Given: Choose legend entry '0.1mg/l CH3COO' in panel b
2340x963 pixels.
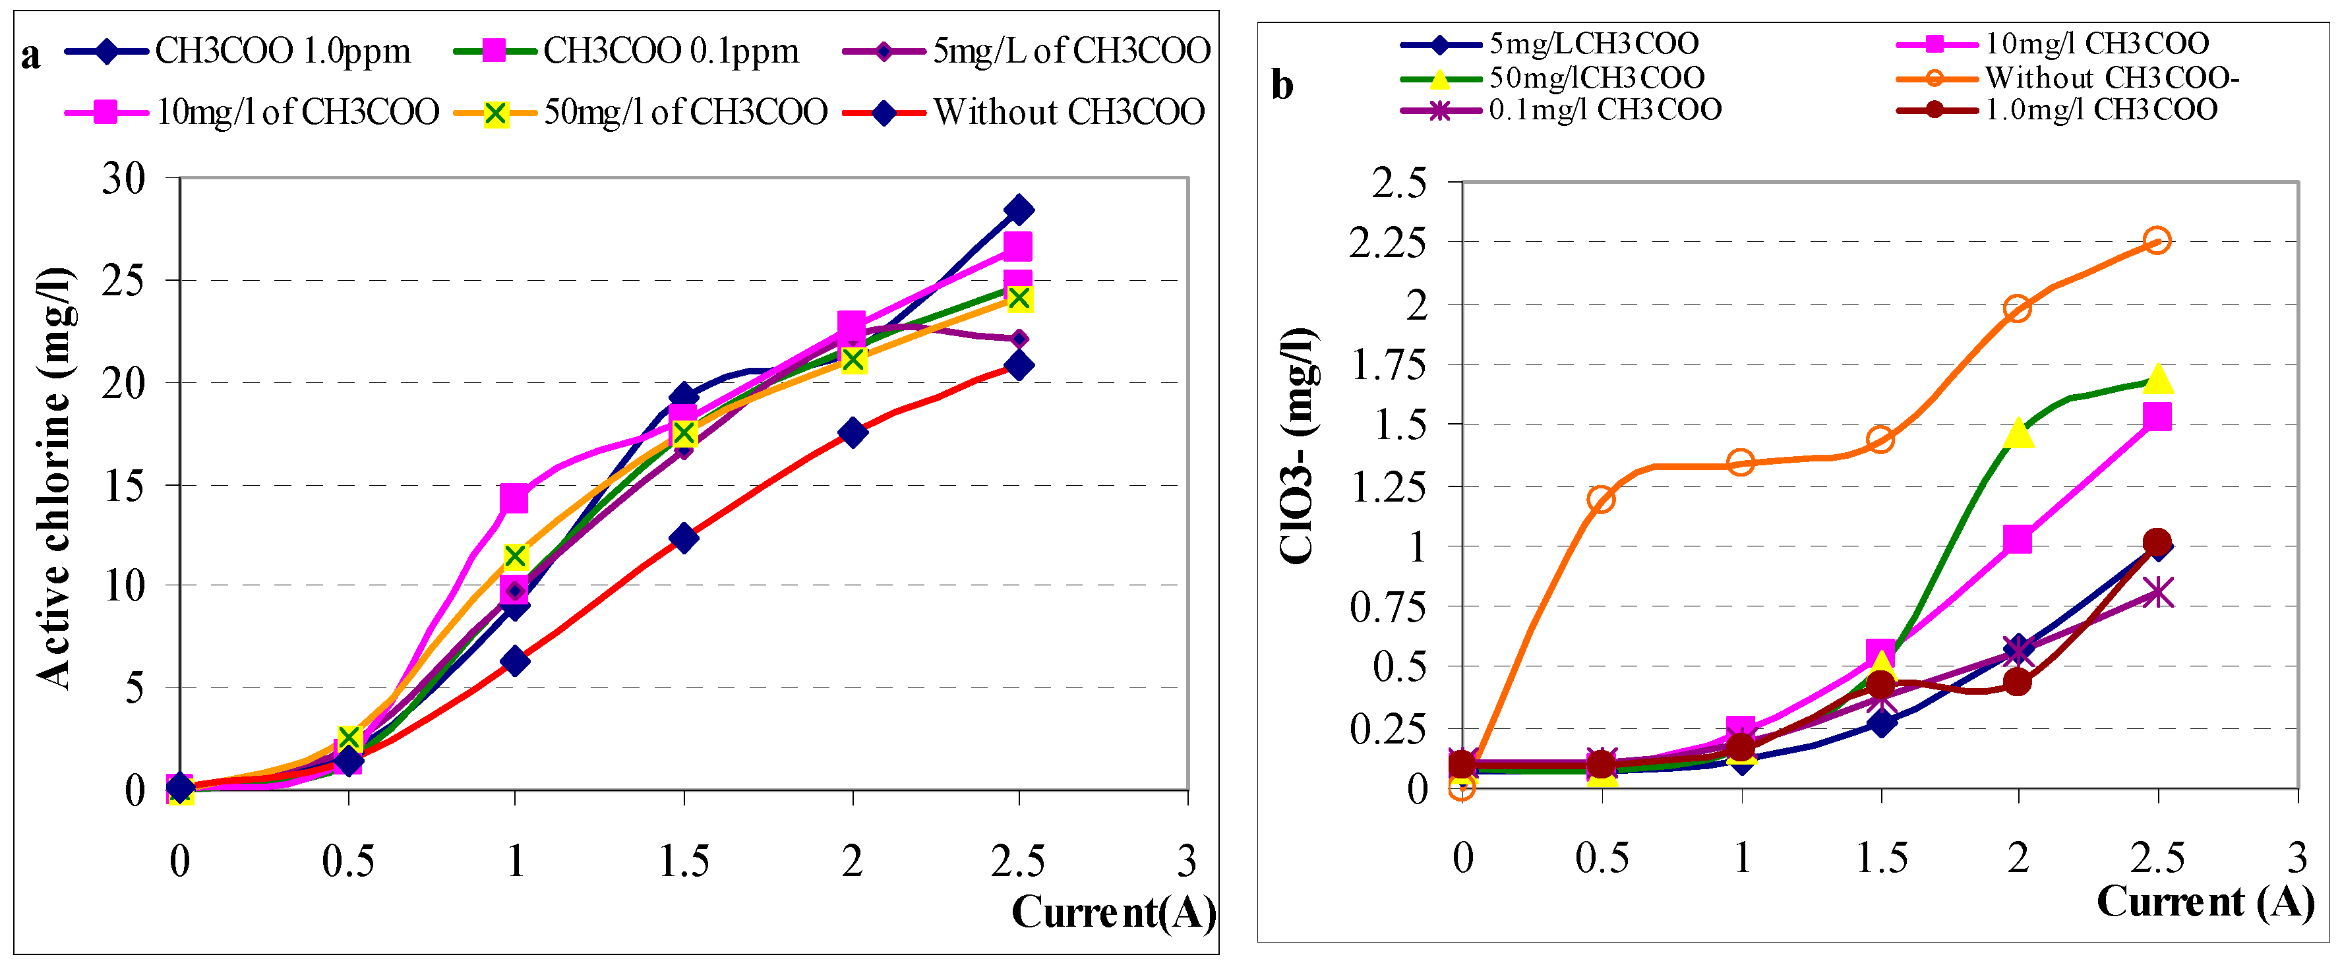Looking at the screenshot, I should point(1604,110).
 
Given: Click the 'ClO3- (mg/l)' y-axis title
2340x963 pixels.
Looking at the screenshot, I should point(1296,445).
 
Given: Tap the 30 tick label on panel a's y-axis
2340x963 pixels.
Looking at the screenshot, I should point(123,178).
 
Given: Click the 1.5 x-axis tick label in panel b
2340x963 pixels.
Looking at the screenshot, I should point(1881,857).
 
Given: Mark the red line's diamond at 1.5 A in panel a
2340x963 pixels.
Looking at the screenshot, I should point(684,538).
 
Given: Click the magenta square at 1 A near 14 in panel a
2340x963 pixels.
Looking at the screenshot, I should point(514,498).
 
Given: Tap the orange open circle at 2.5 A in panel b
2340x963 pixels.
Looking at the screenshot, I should point(2157,240).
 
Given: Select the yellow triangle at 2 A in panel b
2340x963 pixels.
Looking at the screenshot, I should point(2018,433).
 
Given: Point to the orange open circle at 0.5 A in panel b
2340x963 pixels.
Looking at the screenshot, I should point(1601,499).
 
